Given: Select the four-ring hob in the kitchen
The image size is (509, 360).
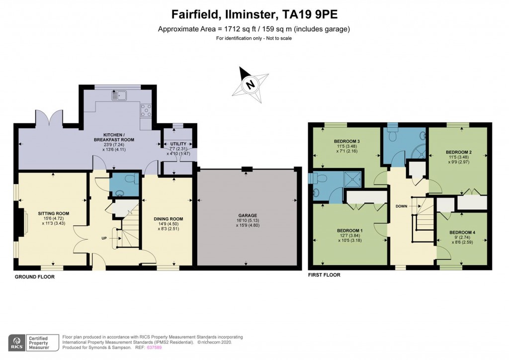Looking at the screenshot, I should (146, 110).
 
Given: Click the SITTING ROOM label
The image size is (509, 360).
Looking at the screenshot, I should (53, 213).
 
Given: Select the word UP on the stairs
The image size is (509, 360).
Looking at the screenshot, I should (104, 238).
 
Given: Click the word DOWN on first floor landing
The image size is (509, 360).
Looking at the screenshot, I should (402, 205).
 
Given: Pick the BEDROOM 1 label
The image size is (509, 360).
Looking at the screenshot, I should (349, 231).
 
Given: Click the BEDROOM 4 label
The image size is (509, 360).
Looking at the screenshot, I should (462, 232).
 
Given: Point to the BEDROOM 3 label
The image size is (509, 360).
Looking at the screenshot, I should (346, 141).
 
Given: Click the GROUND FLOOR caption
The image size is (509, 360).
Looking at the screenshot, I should (34, 277).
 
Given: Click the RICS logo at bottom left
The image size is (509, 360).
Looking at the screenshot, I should (17, 342).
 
